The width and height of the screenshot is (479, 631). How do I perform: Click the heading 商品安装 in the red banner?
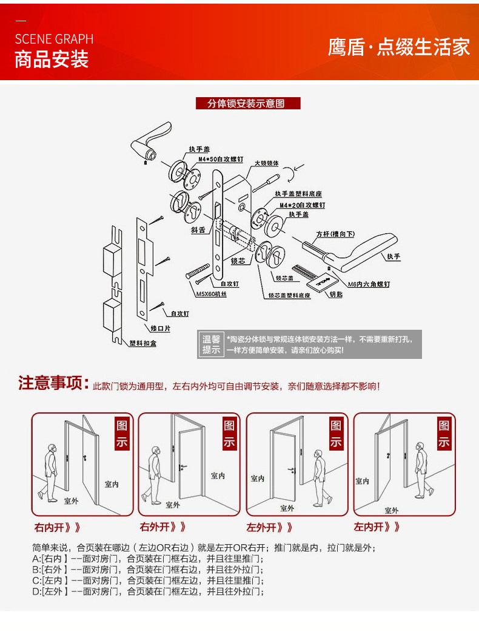tap(52, 60)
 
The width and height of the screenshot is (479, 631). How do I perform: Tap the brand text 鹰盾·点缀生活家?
tap(398, 47)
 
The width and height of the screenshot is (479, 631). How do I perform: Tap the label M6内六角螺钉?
tap(369, 284)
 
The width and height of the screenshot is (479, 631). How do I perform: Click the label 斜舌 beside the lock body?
tap(198, 231)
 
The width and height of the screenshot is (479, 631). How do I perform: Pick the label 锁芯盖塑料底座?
tap(289, 295)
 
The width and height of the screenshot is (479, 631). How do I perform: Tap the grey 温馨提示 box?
tap(212, 345)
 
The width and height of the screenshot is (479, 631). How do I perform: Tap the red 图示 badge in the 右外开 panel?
tap(229, 434)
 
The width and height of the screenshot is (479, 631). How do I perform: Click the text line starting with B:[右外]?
tap(148, 570)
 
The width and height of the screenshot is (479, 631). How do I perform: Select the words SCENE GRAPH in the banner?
tap(54, 39)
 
